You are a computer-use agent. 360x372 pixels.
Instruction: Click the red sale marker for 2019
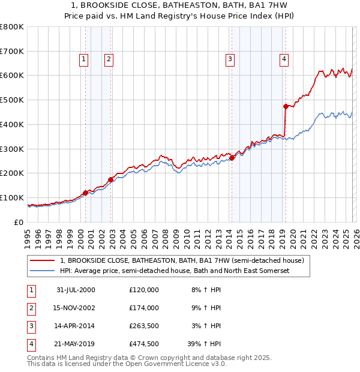pos(286,106)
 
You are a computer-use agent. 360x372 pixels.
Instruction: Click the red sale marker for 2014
pos(232,158)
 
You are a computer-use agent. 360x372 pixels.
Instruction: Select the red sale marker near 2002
pos(111,179)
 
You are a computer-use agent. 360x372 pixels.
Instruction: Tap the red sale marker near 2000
pos(86,193)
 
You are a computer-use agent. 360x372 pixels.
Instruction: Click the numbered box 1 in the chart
pos(83,59)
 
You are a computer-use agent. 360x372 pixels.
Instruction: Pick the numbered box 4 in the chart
pos(283,59)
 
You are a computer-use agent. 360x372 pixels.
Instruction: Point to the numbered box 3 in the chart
pos(230,59)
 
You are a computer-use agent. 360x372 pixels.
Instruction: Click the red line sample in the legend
pos(42,260)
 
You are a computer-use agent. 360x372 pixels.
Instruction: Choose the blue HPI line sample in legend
pos(42,271)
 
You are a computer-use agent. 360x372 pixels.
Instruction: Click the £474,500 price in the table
pos(144,344)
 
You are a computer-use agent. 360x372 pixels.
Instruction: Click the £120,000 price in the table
pos(144,290)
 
